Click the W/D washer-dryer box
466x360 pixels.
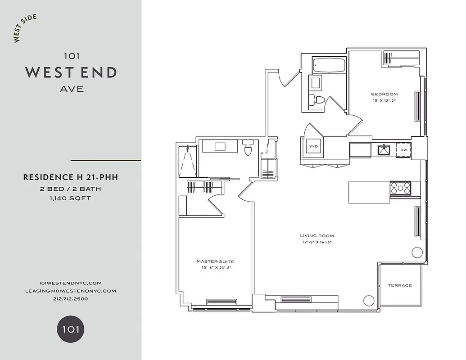pos(313,147)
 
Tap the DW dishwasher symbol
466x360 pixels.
pos(403,150)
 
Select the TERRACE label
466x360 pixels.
pos(400,285)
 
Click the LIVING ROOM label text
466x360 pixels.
pos(317,236)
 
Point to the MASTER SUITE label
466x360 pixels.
pos(215,261)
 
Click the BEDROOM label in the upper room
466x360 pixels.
pos(384,94)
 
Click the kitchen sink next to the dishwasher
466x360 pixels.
pos(384,150)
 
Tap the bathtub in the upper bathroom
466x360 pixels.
pos(329,66)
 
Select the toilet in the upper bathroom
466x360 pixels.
pos(317,100)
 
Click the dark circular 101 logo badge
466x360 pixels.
pos(70,329)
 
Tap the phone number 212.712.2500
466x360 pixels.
pos(70,298)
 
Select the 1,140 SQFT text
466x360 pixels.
pos(71,198)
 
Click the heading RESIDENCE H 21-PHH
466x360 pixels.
pos(71,177)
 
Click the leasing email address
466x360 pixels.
pos(71,291)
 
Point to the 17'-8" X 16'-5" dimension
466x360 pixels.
pos(317,242)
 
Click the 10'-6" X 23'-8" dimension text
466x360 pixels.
pos(215,268)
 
